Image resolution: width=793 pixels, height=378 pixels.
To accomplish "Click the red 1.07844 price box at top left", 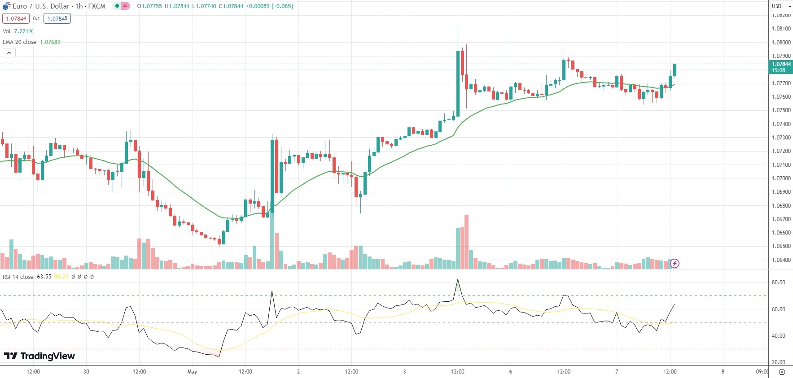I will tap(16, 18).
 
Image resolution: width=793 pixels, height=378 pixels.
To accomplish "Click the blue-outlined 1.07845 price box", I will tap(57, 18).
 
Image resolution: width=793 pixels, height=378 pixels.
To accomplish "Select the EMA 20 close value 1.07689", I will tap(50, 42).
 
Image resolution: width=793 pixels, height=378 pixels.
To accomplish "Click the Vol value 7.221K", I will tap(23, 31).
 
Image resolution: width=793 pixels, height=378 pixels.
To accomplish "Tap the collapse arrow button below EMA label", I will tap(9, 53).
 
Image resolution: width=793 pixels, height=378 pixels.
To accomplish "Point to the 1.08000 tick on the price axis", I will tap(781, 43).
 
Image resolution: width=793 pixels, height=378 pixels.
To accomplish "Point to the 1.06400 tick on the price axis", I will tap(781, 260).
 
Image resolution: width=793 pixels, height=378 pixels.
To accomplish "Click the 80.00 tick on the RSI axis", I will tap(778, 282).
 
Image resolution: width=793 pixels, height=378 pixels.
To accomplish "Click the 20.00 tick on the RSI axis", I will tap(778, 362).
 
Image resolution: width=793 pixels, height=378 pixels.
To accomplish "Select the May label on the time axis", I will tap(192, 372).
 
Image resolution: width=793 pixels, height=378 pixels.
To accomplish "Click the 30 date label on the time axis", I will tap(86, 372).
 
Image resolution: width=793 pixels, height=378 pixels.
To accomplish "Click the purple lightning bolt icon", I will tap(675, 263).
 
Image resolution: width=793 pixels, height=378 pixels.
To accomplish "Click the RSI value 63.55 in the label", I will tap(44, 277).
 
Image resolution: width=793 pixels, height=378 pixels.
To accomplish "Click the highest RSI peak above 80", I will tap(458, 280).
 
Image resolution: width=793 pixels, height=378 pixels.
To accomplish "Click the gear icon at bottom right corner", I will tap(782, 372).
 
